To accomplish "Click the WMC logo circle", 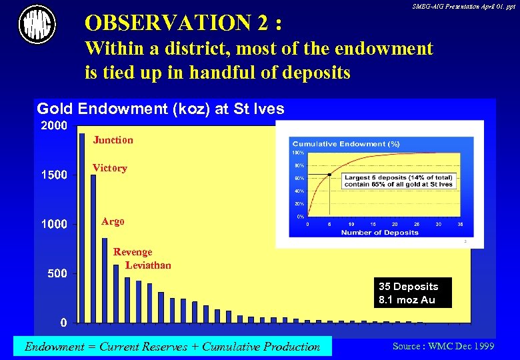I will (37, 25).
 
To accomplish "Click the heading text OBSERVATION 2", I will (183, 23).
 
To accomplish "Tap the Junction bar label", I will (113, 140).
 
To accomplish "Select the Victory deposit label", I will (109, 168).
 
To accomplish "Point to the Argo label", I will (113, 221).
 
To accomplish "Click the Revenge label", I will (133, 252).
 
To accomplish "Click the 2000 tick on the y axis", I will (54, 126).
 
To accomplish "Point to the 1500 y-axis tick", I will (54, 175).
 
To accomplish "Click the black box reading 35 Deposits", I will (413, 293).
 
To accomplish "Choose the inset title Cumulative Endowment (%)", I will (346, 144).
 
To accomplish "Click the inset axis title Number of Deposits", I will (380, 233).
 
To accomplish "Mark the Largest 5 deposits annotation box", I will (399, 181).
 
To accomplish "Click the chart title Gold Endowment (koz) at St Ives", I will (160, 109).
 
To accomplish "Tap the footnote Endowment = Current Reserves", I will (172, 346).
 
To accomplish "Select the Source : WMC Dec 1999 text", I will (443, 346).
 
